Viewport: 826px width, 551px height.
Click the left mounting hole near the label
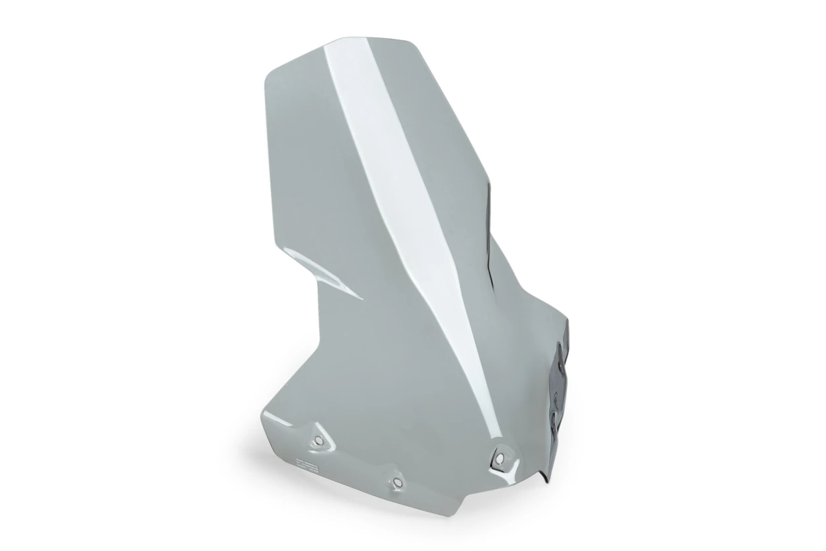(317, 440)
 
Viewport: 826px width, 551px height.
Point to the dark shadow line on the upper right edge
(489, 225)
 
